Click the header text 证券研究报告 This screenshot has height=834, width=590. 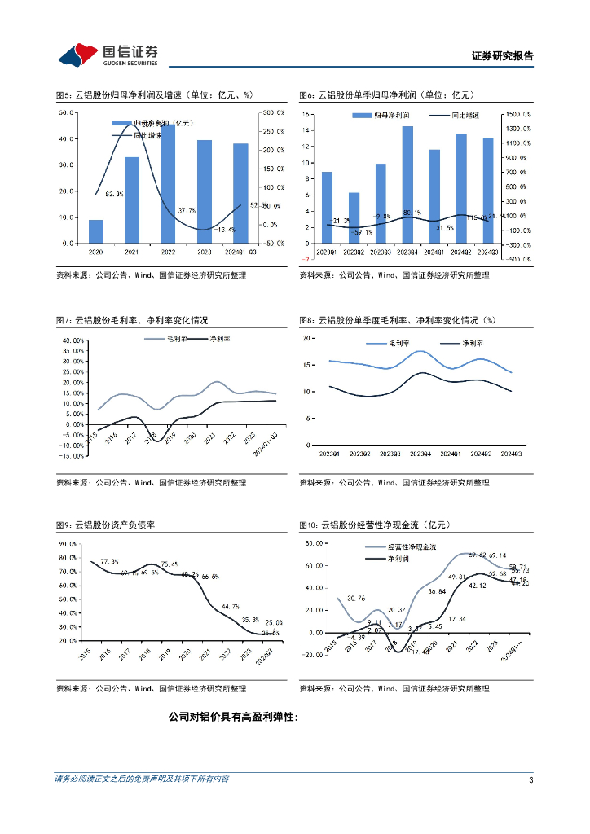[502, 56]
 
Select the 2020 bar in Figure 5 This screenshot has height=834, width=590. [96, 231]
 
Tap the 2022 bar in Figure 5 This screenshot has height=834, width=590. [168, 183]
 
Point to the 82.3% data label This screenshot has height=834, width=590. [114, 194]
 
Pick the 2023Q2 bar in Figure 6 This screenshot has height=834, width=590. [354, 217]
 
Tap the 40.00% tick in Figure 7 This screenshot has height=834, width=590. [71, 340]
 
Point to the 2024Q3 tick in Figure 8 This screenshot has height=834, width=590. [511, 454]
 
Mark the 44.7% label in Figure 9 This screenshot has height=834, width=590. [231, 606]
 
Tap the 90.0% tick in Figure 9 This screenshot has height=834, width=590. [68, 543]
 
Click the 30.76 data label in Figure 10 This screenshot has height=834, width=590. [356, 599]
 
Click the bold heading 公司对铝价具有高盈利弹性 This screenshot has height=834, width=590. [233, 718]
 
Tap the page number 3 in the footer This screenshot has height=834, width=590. [531, 779]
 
